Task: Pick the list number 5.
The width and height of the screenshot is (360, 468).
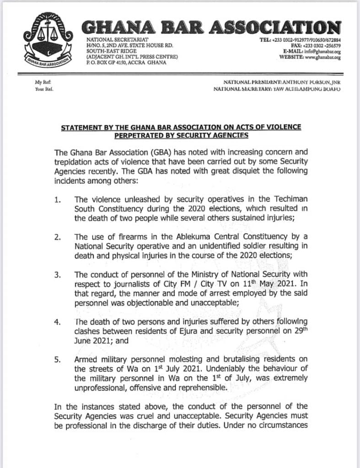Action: pos(58,360)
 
